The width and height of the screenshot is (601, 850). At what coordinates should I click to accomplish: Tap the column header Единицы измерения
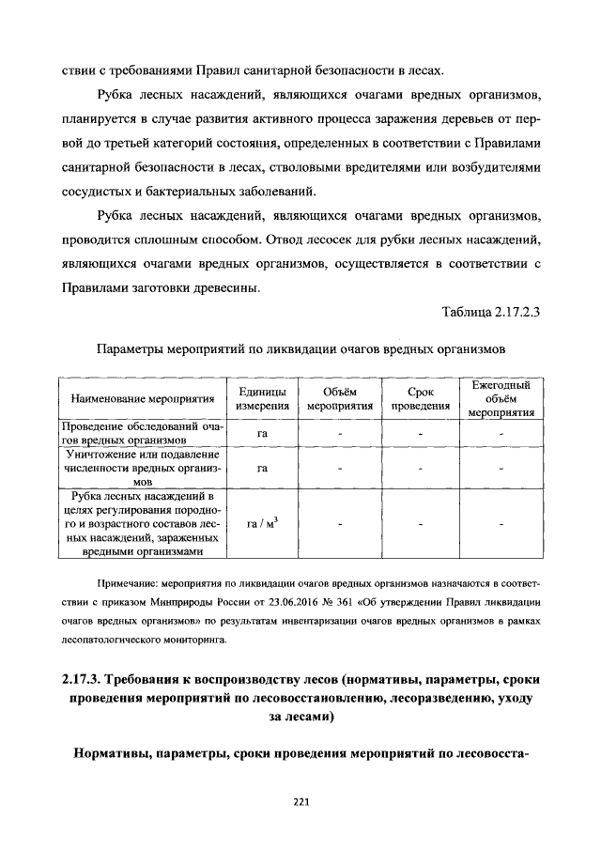pos(262,398)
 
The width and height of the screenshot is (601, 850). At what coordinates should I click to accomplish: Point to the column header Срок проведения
pos(421,398)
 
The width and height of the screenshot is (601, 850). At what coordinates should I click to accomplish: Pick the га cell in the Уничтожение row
pos(262,467)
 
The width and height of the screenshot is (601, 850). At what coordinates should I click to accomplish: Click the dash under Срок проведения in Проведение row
pos(421,433)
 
